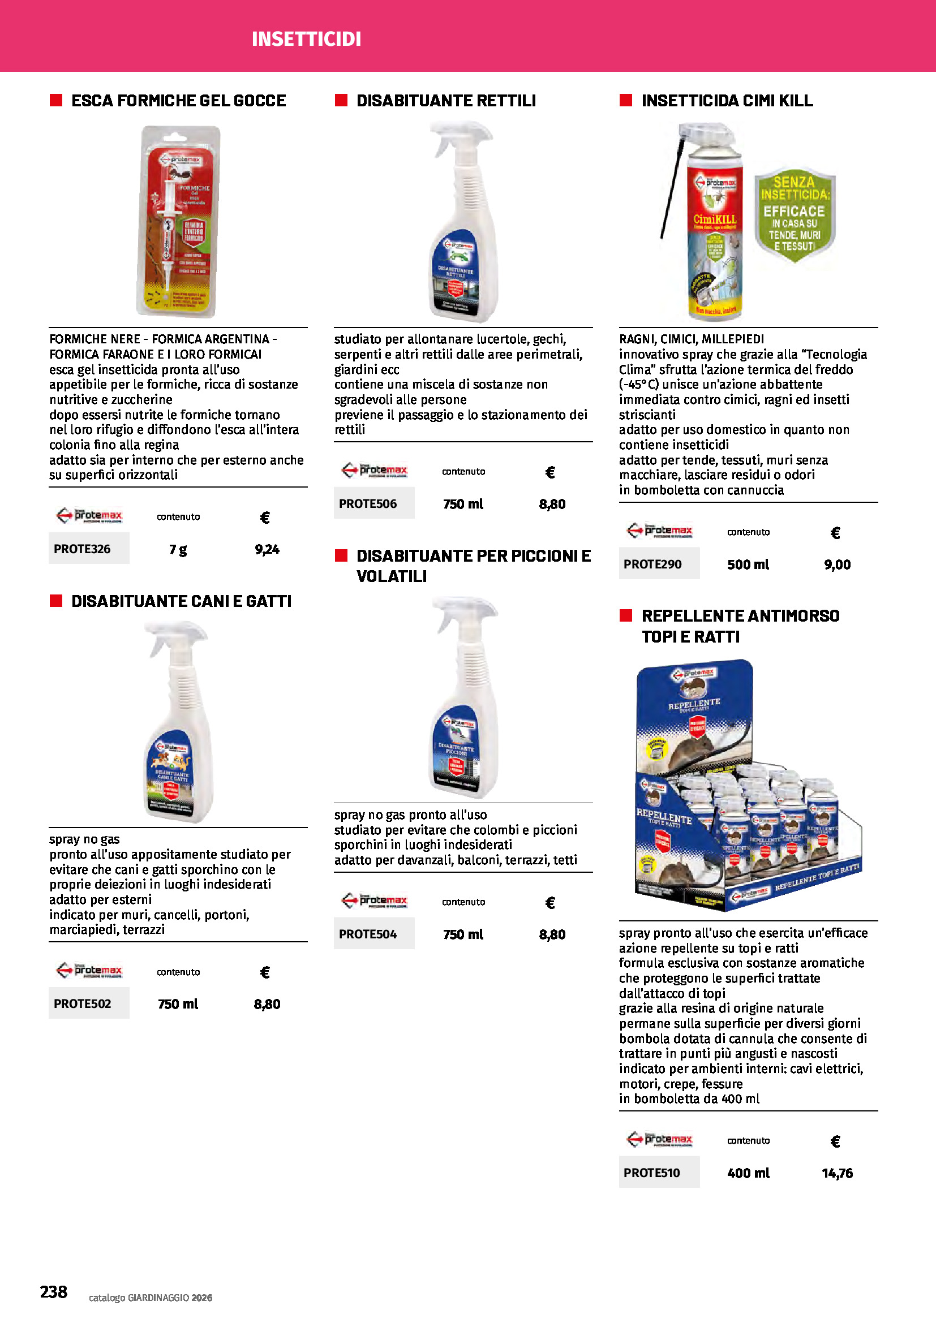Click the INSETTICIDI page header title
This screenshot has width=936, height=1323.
[306, 38]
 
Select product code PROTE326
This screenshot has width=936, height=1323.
[83, 549]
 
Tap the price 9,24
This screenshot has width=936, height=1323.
[267, 549]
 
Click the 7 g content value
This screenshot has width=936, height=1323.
[178, 549]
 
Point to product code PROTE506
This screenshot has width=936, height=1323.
[368, 503]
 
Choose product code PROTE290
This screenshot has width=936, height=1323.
[652, 564]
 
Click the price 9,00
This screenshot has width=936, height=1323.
[837, 564]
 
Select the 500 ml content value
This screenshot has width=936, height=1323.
[748, 564]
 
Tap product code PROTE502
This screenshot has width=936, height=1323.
[83, 1003]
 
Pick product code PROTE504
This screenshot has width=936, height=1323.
[368, 934]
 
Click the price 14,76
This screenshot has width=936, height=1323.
[837, 1173]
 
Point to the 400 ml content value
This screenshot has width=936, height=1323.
[748, 1173]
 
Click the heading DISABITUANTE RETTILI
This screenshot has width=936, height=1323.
[445, 101]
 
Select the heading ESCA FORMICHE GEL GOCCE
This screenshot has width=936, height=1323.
[178, 101]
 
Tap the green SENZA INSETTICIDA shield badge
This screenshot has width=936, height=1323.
[794, 214]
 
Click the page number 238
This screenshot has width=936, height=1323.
[54, 1291]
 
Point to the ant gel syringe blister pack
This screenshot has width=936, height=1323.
[179, 222]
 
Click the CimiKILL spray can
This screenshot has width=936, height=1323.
[714, 225]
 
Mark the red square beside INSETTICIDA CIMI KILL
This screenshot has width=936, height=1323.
[625, 101]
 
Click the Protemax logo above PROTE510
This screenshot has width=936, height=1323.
[659, 1139]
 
